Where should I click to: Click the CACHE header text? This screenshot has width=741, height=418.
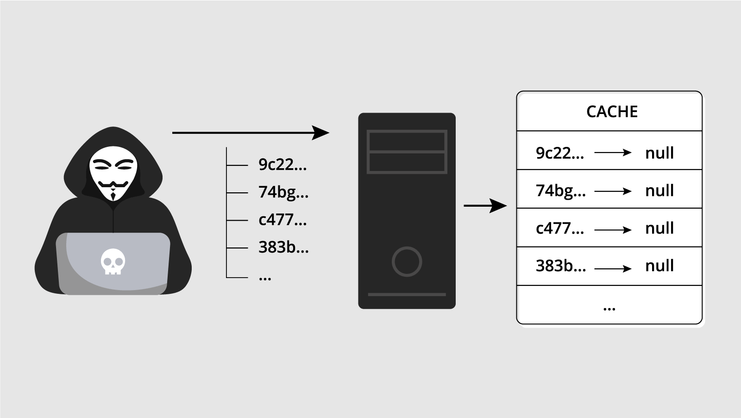pyautogui.click(x=612, y=112)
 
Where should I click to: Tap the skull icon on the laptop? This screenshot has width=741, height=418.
pyautogui.click(x=113, y=261)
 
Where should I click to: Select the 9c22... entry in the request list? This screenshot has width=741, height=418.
pyautogui.click(x=283, y=165)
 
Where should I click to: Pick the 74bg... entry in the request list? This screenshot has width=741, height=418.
pyautogui.click(x=283, y=192)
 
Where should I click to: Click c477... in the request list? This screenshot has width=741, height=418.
pyautogui.click(x=283, y=220)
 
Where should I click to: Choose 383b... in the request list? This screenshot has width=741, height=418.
pyautogui.click(x=283, y=247)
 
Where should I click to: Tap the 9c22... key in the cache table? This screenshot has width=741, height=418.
pyautogui.click(x=559, y=153)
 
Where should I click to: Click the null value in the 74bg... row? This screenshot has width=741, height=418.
pyautogui.click(x=659, y=190)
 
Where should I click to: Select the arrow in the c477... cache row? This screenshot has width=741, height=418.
pyautogui.click(x=613, y=230)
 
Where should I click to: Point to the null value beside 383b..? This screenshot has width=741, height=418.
pyautogui.click(x=659, y=266)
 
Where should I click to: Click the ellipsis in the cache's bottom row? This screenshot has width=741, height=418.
pyautogui.click(x=609, y=308)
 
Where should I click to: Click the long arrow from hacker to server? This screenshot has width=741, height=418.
pyautogui.click(x=250, y=133)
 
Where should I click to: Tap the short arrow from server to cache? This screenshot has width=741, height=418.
pyautogui.click(x=485, y=205)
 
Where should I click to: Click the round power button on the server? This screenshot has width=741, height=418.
pyautogui.click(x=407, y=261)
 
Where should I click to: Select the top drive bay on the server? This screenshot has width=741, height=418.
pyautogui.click(x=407, y=141)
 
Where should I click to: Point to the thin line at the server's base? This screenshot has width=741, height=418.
pyautogui.click(x=407, y=294)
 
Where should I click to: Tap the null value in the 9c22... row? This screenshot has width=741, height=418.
pyautogui.click(x=659, y=153)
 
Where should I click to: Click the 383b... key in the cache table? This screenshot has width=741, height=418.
pyautogui.click(x=560, y=266)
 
